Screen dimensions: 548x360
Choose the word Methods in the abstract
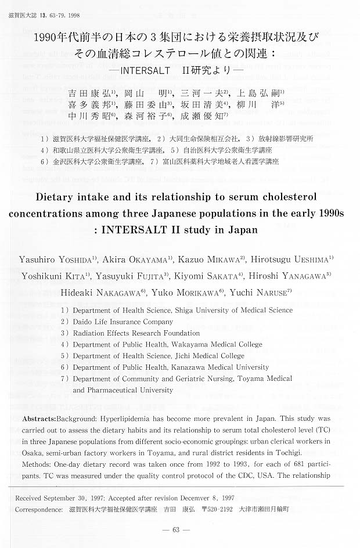38,464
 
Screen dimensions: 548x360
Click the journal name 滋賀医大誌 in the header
21,6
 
